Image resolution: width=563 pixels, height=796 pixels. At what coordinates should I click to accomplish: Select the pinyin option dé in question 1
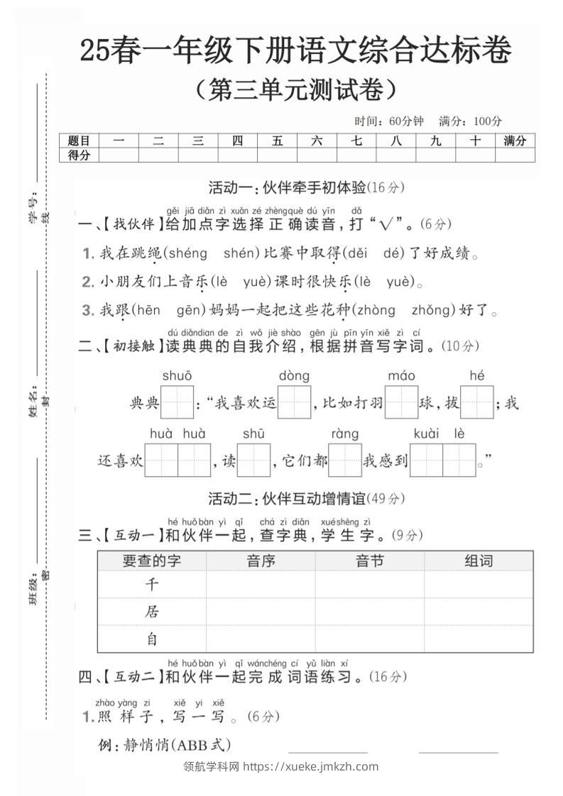click(393, 253)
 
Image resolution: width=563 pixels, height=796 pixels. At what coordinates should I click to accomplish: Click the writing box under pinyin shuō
click(177, 402)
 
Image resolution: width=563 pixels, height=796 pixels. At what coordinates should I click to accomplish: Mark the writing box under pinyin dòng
click(294, 402)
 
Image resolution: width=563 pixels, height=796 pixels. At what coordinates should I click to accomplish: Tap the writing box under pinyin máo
click(402, 402)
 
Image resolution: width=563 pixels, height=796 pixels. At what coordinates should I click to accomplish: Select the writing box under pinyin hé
click(476, 402)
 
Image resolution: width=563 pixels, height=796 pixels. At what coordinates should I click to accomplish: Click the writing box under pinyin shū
click(253, 460)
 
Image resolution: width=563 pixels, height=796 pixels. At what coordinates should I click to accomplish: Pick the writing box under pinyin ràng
click(345, 460)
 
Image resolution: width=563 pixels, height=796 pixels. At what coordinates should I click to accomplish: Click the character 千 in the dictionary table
click(152, 585)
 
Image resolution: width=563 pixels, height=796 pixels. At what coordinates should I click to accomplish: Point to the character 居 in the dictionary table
click(152, 612)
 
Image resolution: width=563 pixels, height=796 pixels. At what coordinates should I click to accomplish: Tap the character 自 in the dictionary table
click(152, 639)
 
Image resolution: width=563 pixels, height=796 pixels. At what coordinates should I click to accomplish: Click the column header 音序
click(261, 561)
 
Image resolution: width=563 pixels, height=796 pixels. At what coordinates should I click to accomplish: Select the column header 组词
click(479, 561)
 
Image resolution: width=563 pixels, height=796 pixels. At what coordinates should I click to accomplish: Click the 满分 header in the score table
click(515, 141)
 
